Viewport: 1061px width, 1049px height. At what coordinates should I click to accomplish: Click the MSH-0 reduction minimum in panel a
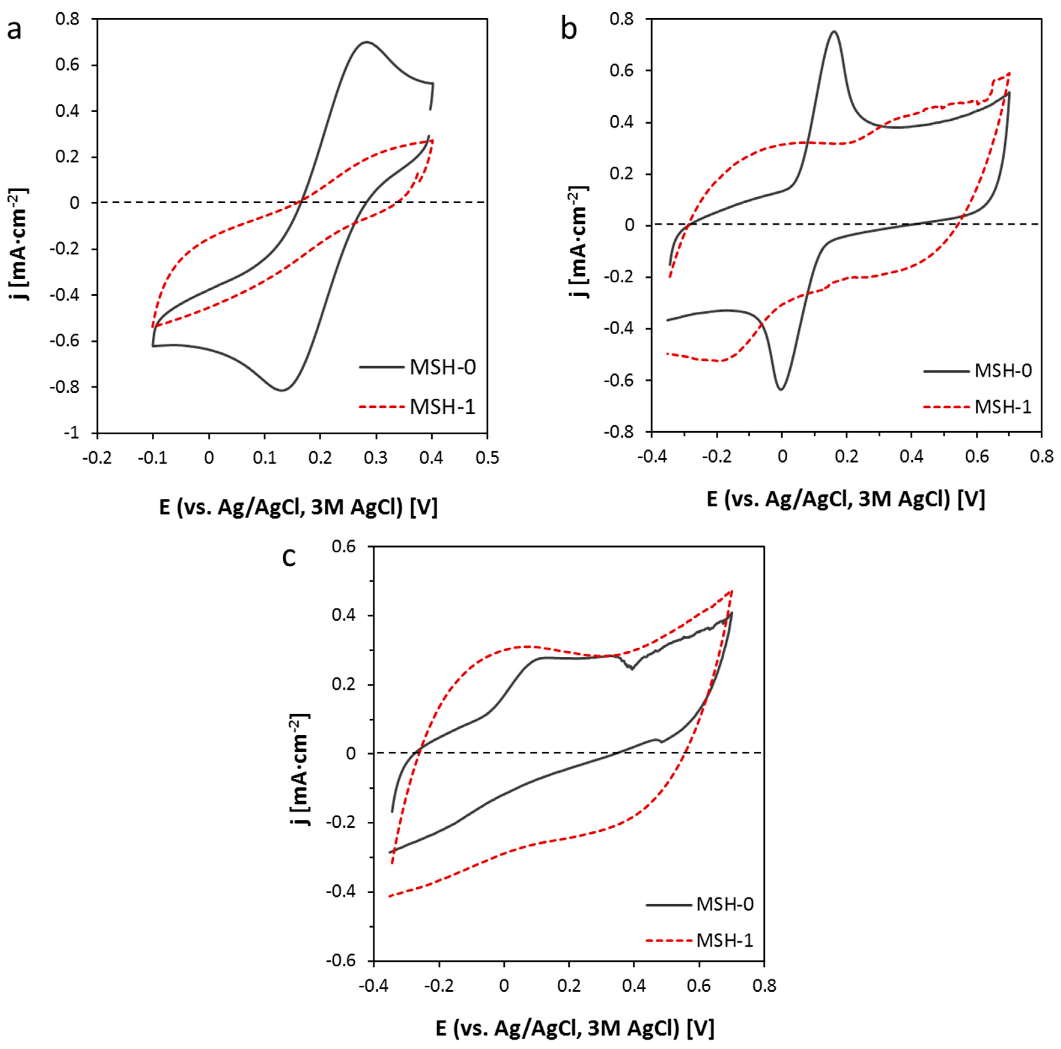pyautogui.click(x=281, y=391)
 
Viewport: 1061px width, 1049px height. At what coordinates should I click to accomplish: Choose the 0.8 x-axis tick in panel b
pyautogui.click(x=1041, y=456)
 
